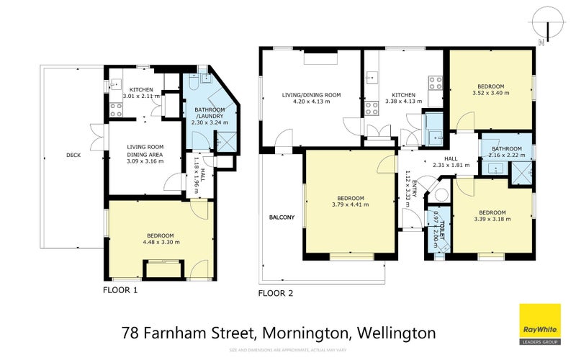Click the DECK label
tap(73, 153)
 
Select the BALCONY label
tap(282, 217)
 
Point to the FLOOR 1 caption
tap(120, 291)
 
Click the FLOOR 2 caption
tap(276, 293)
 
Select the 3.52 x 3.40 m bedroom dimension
tap(489, 93)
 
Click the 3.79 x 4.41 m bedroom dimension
tap(351, 204)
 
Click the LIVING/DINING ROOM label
tap(310, 95)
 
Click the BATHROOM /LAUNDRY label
tap(208, 116)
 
